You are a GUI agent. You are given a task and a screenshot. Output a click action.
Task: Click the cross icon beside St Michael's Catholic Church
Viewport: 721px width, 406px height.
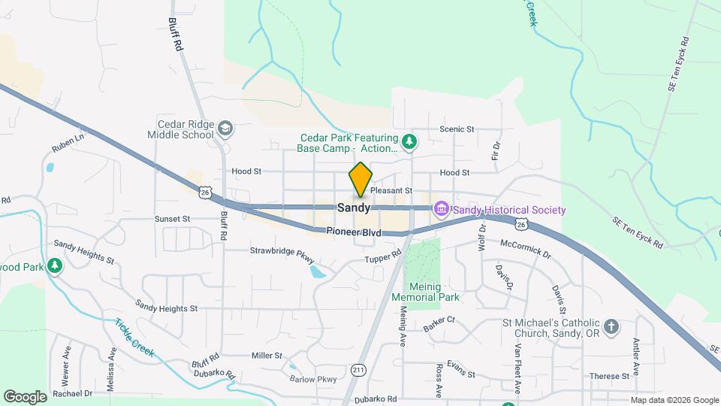[x=611, y=327]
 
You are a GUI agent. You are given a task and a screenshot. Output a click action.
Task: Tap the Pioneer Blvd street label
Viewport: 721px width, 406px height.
[x=353, y=233]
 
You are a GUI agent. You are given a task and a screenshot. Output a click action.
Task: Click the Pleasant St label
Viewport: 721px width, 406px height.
[x=392, y=191]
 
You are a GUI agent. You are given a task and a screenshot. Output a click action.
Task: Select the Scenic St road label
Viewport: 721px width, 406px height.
[x=457, y=129]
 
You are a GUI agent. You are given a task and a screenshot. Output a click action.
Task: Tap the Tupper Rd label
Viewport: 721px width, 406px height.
[x=384, y=259]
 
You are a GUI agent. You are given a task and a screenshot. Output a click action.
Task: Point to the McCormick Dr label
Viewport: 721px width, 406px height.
[x=525, y=250]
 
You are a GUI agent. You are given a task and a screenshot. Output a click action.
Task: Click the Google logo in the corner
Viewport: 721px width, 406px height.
[x=26, y=396]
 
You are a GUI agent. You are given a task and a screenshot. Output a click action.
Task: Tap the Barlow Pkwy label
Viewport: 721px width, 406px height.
[x=315, y=380]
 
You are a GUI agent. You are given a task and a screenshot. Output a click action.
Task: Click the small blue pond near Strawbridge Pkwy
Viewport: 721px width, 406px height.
[x=318, y=271]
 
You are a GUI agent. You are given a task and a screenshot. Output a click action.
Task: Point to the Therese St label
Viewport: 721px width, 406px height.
[x=609, y=376]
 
